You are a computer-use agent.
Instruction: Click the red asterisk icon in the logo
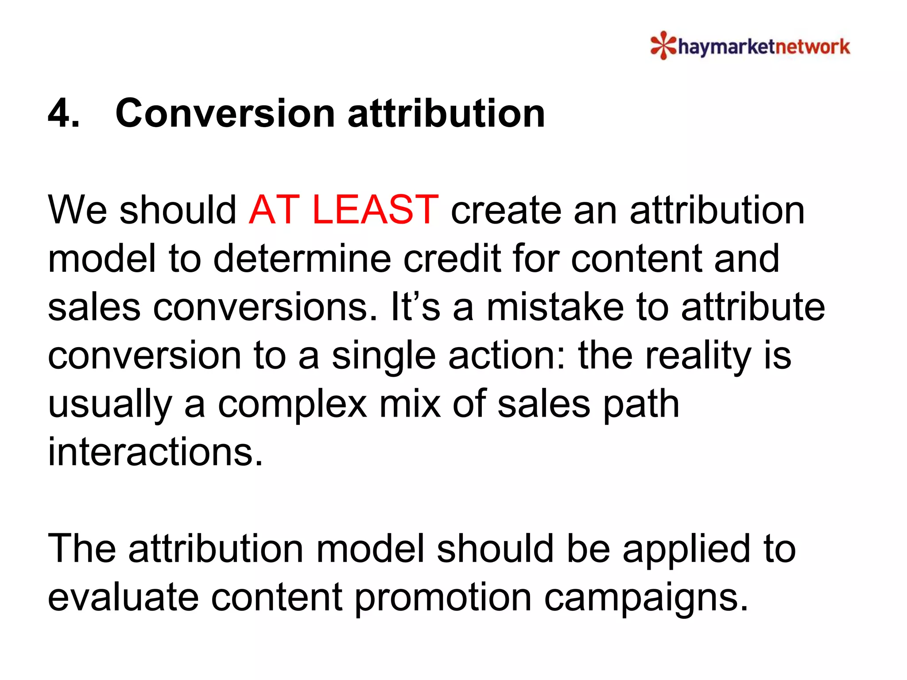(x=663, y=45)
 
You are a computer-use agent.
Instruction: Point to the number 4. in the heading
(x=64, y=113)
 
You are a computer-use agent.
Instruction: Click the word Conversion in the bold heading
(x=225, y=113)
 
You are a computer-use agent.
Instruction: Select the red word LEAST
(x=375, y=210)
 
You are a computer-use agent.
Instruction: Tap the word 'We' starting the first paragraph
(x=77, y=210)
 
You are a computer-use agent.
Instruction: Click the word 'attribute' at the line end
(x=753, y=307)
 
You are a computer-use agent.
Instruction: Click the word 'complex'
(x=292, y=406)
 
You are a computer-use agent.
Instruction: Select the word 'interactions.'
(x=155, y=452)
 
